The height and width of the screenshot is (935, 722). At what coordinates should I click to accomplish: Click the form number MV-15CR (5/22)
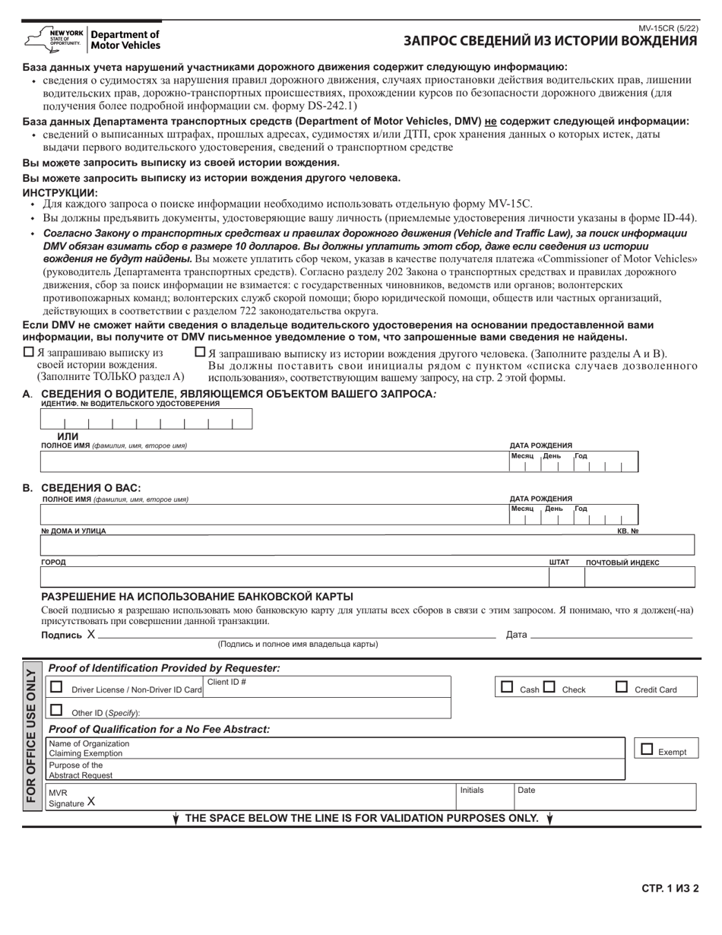point(669,28)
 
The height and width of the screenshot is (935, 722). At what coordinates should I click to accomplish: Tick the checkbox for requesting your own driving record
point(29,352)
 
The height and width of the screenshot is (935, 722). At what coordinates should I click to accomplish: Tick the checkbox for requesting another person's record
point(200,352)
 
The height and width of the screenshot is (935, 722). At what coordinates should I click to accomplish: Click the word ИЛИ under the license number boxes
point(68,436)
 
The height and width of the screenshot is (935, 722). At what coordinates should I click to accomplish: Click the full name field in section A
point(274,462)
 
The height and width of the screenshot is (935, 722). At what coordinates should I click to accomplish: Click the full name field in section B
point(274,515)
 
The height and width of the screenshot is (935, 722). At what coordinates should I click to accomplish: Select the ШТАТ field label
point(559,563)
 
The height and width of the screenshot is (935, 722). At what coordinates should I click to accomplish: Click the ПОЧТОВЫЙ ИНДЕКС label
point(622,563)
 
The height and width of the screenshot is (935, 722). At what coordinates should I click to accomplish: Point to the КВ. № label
point(627,531)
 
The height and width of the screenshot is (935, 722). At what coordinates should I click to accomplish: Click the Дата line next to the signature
point(611,633)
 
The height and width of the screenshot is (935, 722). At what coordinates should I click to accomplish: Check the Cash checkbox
point(507,687)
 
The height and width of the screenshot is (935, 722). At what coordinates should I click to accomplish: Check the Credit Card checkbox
point(622,687)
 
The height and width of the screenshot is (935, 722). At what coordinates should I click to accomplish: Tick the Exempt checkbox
point(647,749)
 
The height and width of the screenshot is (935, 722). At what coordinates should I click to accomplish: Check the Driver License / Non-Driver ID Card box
point(56,686)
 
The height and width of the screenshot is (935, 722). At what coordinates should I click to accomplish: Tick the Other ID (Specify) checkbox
point(56,710)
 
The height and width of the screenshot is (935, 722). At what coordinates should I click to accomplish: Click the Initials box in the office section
point(483,797)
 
